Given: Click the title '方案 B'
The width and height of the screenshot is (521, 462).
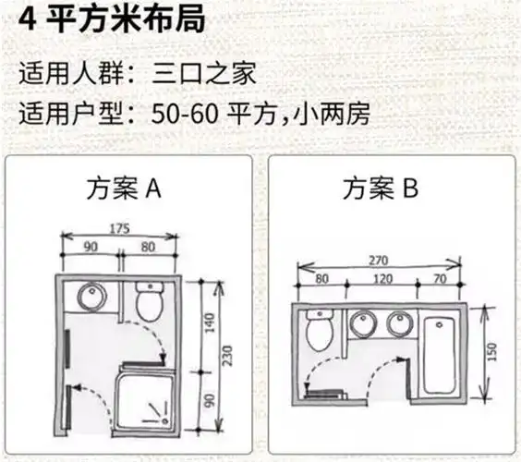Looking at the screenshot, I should [381, 189].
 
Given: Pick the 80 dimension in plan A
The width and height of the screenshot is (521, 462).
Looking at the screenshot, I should [147, 247].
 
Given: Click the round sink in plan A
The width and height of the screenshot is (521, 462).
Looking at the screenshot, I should [91, 297].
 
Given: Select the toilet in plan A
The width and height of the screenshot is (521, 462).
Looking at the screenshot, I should [149, 299].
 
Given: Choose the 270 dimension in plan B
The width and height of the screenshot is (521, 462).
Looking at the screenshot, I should [379, 261].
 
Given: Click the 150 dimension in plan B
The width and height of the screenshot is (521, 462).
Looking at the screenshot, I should [493, 351].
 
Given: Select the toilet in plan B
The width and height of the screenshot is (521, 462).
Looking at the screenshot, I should [320, 331].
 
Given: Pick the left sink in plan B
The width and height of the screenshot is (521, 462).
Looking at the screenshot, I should [362, 324].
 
